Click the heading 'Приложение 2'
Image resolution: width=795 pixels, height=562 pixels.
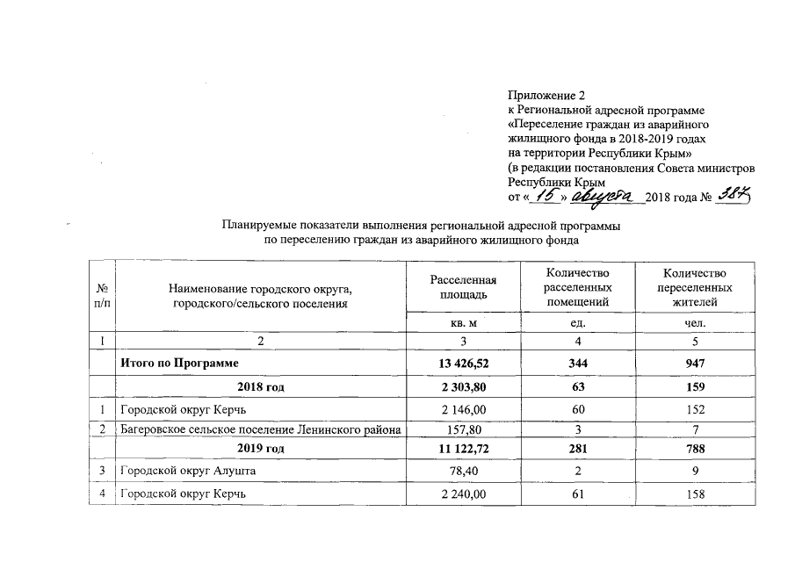pyautogui.click(x=546, y=95)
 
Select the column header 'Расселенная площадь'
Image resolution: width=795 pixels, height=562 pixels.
pyautogui.click(x=463, y=286)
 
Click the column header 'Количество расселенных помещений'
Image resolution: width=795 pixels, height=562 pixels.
pyautogui.click(x=576, y=287)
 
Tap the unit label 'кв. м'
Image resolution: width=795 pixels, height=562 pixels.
pyautogui.click(x=463, y=324)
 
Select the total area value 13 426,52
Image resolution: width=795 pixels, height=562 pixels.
pyautogui.click(x=463, y=362)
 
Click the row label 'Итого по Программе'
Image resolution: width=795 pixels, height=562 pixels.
pyautogui.click(x=180, y=362)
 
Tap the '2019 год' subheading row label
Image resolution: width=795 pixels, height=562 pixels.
pyautogui.click(x=261, y=449)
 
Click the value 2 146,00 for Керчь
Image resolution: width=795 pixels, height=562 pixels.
pyautogui.click(x=463, y=407)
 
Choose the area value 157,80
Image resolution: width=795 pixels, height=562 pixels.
pyautogui.click(x=463, y=429)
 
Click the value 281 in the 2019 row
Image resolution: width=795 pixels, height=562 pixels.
pyautogui.click(x=576, y=449)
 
